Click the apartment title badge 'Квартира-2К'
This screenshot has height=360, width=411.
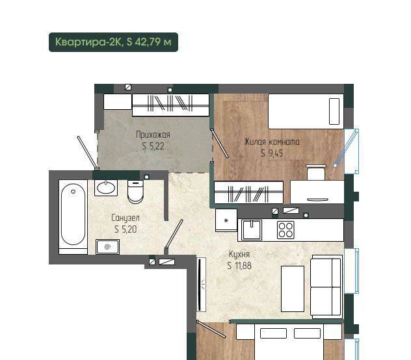coord(113,42)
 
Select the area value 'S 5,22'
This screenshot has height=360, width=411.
coord(153,146)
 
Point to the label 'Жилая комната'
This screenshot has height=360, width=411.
coord(272,142)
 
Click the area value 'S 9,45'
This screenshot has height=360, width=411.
coord(272,153)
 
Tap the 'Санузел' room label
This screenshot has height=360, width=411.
coord(126,218)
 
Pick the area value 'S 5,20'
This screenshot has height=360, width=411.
coord(126,229)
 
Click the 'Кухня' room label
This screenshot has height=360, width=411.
coord(239,254)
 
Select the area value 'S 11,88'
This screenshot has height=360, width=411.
coord(239,266)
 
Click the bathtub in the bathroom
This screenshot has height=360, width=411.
coord(73,217)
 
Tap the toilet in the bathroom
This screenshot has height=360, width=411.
coord(135,192)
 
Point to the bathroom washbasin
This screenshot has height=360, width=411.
coord(106,188)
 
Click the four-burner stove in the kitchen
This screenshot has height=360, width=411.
coord(285,230)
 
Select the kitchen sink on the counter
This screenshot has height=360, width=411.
coord(252,230)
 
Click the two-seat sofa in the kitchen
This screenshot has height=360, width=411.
coord(326,287)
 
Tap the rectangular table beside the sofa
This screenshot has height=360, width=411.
coord(293,289)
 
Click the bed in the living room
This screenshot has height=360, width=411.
coord(306,111)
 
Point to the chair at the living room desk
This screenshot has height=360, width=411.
coord(316,172)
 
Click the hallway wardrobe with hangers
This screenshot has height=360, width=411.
coord(170,105)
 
